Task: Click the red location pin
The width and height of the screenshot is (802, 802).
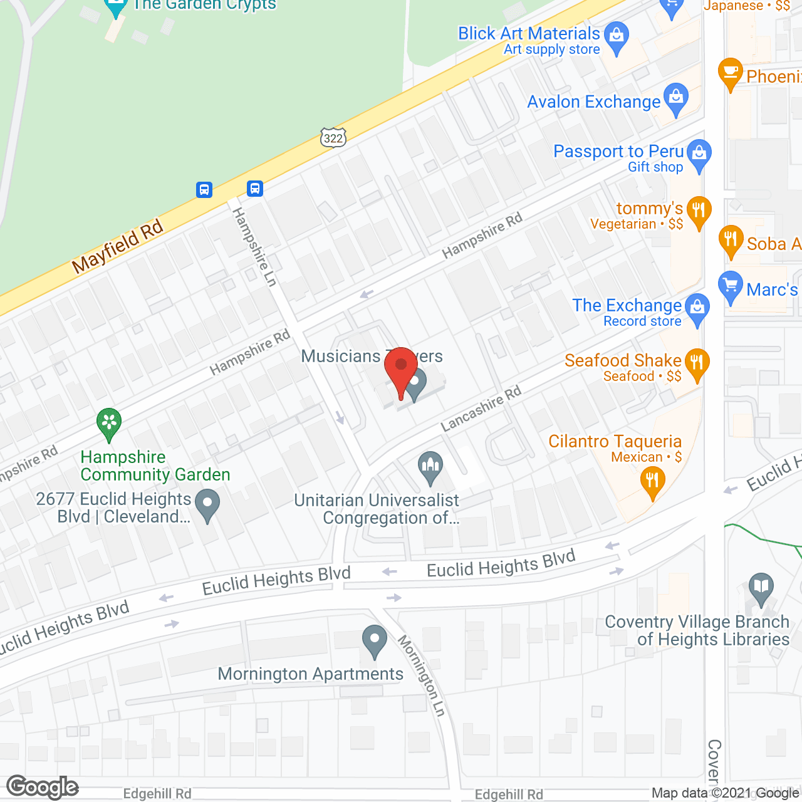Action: [401, 367]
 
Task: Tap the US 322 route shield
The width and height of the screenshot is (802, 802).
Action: [333, 137]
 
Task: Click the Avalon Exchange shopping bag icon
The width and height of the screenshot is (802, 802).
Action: [675, 99]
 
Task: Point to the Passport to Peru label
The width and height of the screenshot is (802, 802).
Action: [618, 152]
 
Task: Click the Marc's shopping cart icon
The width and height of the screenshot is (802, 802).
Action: [731, 286]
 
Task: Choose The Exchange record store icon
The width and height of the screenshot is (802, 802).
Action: [697, 308]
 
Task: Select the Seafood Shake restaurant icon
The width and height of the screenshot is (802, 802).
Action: [696, 363]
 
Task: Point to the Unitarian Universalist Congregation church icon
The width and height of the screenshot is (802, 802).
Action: [430, 467]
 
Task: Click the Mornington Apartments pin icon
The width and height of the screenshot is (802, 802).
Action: [375, 640]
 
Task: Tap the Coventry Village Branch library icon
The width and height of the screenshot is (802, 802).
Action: [761, 588]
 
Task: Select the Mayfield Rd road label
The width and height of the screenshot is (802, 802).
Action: [117, 247]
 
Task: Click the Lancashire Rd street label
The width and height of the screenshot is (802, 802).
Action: [481, 409]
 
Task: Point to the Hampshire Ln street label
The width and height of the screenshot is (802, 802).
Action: [254, 247]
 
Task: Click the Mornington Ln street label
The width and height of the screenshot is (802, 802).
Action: [422, 675]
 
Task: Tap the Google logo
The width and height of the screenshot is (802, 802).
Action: [43, 788]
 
